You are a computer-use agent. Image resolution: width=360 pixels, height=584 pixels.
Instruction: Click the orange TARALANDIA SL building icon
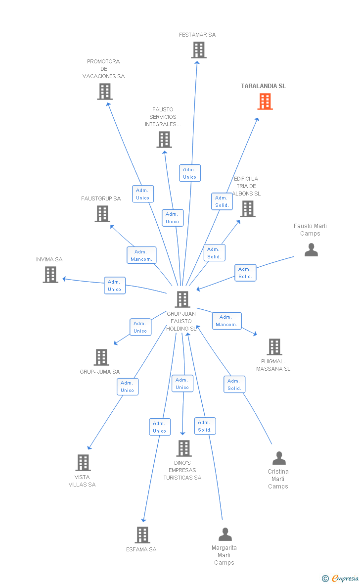click(x=265, y=101)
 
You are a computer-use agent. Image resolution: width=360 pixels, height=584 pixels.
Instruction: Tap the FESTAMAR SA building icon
click(x=198, y=50)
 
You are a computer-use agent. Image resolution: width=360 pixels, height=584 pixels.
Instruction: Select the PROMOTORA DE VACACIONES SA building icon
click(x=104, y=92)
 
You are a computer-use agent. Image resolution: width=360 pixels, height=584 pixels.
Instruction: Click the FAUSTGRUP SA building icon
click(x=102, y=214)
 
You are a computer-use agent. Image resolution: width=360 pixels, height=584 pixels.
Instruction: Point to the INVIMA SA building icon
click(x=50, y=275)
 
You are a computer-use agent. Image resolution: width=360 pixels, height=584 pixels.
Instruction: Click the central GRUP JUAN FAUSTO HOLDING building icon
click(x=182, y=299)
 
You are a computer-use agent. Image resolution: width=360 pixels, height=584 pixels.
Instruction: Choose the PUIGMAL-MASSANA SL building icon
click(x=274, y=347)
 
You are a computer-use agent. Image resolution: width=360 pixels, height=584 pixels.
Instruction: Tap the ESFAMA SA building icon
click(x=142, y=535)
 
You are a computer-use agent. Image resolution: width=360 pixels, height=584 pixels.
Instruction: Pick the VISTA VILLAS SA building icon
click(x=83, y=463)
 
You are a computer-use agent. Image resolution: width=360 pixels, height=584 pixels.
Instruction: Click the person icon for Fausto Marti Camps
click(x=311, y=250)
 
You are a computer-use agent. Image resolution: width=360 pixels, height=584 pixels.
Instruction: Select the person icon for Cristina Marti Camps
click(x=279, y=458)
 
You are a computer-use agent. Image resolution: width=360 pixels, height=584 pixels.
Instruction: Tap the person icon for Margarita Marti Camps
click(x=225, y=535)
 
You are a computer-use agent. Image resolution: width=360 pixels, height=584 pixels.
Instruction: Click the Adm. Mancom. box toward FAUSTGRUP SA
click(x=141, y=255)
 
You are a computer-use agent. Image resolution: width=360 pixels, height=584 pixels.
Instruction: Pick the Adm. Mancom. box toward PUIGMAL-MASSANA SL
click(x=226, y=321)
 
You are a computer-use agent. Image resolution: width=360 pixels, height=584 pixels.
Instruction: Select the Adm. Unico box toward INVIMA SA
click(x=115, y=286)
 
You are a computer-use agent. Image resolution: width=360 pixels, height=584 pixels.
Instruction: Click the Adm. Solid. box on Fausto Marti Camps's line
click(x=245, y=273)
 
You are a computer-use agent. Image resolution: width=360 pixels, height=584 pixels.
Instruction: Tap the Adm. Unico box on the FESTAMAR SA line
click(x=189, y=173)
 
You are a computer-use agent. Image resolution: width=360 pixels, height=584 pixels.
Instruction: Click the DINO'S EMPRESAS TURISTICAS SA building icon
click(x=183, y=448)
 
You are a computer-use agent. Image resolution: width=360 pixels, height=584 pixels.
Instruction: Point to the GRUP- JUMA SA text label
click(x=99, y=372)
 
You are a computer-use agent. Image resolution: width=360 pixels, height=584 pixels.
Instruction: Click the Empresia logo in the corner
click(x=341, y=578)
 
